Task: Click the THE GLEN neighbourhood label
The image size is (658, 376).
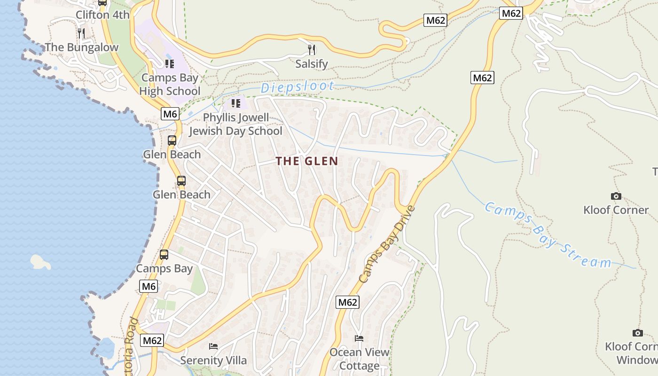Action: click(306, 161)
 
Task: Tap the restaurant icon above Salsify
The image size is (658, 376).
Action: click(312, 49)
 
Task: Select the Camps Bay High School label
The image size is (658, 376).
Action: click(170, 85)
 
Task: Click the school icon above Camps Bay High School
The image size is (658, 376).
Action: click(170, 63)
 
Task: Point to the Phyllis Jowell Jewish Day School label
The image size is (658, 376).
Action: click(235, 124)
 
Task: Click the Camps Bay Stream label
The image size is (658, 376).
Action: click(548, 235)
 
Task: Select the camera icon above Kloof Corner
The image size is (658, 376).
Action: click(616, 196)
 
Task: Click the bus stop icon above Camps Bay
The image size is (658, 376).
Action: click(164, 255)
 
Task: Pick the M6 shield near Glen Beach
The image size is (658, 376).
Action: click(170, 113)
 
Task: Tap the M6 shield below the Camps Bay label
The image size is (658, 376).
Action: click(148, 286)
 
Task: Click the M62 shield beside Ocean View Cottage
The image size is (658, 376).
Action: click(347, 302)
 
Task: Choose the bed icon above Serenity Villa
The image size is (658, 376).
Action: click(213, 346)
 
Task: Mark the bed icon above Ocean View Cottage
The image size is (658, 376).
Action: click(359, 338)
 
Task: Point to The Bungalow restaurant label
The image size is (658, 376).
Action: click(82, 47)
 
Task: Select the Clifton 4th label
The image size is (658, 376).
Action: click(102, 15)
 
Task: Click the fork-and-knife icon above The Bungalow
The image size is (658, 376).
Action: click(81, 33)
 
